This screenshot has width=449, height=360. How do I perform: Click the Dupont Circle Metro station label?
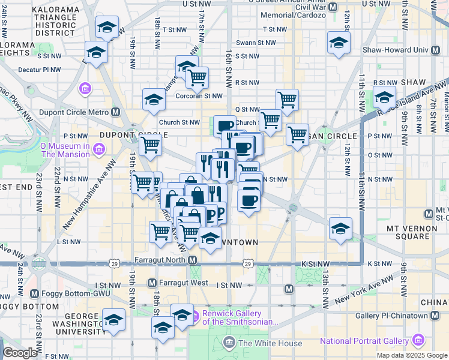(x=73, y=112)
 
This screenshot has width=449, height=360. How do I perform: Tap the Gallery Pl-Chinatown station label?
(x=394, y=316)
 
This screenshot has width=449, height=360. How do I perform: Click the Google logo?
(x=20, y=353)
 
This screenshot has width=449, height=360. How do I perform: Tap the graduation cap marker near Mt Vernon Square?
(x=340, y=229)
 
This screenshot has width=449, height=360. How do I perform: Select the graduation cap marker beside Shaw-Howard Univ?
(x=339, y=43)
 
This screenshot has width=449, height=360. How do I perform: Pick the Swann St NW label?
(x=256, y=43)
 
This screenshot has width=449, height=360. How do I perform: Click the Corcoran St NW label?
(x=199, y=95)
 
